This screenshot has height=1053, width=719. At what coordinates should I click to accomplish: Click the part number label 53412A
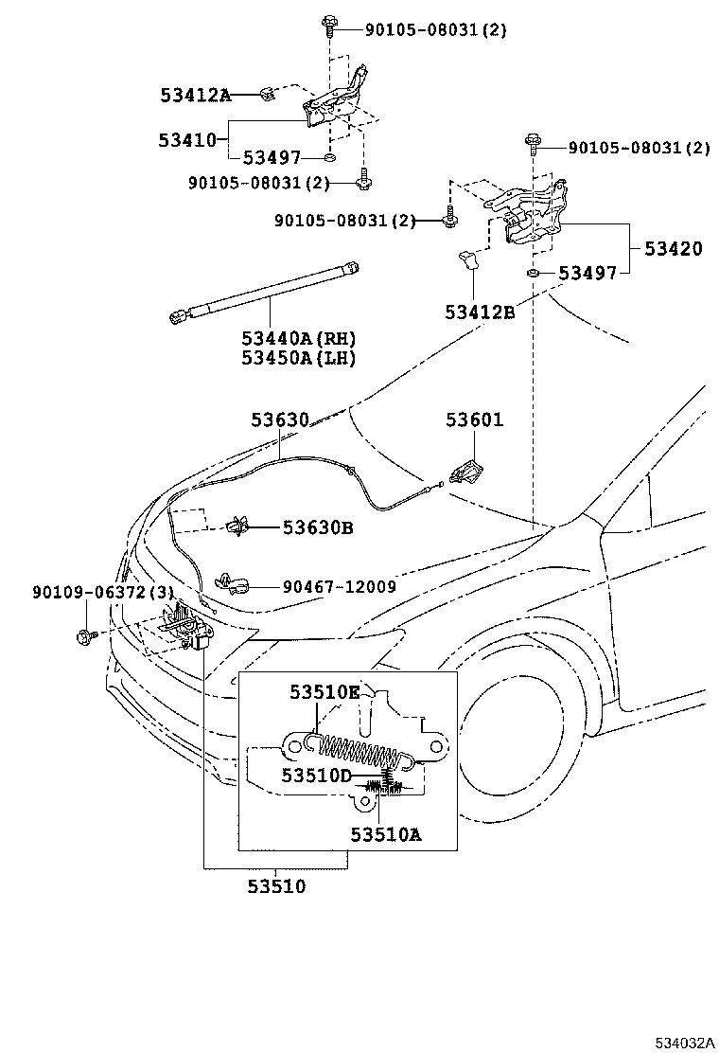(195, 95)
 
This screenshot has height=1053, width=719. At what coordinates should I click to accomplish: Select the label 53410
(187, 140)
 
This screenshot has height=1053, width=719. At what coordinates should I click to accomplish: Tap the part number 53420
(674, 249)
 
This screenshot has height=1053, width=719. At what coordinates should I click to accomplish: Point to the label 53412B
(481, 312)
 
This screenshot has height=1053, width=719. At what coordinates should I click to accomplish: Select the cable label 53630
(280, 419)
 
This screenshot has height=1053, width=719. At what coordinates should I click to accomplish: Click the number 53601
(475, 419)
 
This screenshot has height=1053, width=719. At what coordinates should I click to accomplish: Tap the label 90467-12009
(339, 587)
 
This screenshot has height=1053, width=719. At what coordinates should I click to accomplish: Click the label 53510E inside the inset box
(324, 692)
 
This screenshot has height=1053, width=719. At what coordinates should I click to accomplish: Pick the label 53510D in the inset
(316, 776)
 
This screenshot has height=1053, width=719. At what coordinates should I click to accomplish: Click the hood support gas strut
(265, 294)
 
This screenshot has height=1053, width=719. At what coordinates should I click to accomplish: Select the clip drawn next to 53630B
(240, 527)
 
